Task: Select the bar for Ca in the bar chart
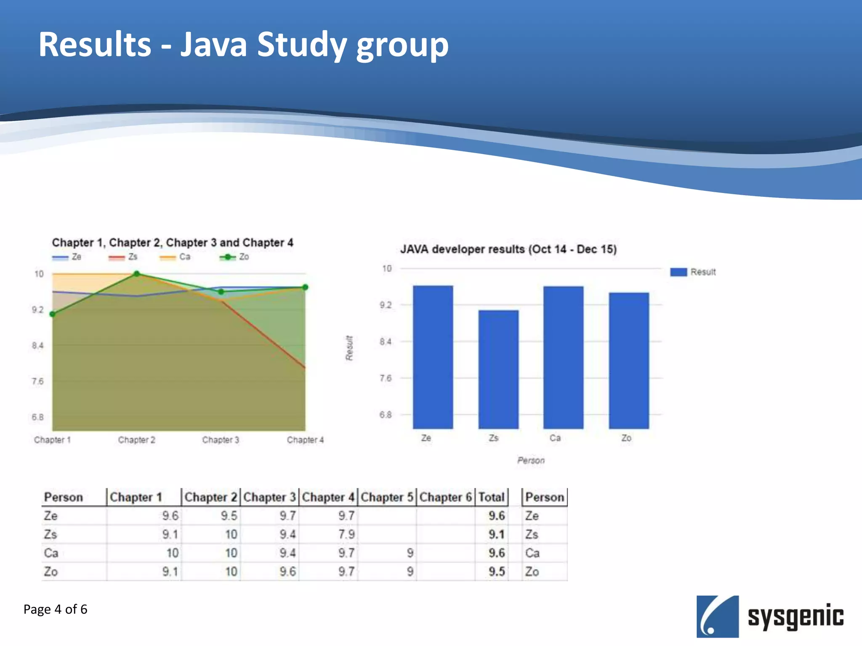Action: (x=563, y=357)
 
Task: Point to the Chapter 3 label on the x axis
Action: (x=221, y=440)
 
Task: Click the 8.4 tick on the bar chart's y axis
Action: (x=386, y=342)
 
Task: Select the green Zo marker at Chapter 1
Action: (x=53, y=314)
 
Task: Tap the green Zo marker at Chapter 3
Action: (x=221, y=291)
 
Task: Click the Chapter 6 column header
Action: (x=445, y=497)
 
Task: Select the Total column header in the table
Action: (x=491, y=497)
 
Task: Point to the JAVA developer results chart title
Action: (x=508, y=249)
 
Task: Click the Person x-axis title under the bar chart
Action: (x=531, y=461)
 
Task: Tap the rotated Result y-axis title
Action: (x=349, y=348)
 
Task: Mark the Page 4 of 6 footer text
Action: (x=55, y=609)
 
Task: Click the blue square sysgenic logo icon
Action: (x=717, y=616)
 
